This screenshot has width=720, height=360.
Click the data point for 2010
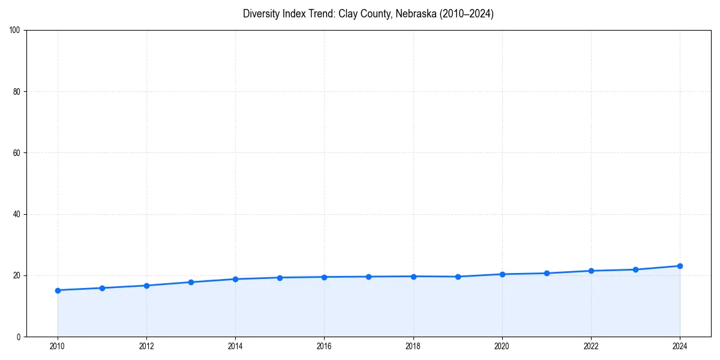58,290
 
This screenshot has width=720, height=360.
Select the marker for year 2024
680,266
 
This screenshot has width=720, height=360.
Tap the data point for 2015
280,278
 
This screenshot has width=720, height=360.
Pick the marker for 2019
458,277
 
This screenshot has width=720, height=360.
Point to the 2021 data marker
547,273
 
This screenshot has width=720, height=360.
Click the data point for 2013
191,282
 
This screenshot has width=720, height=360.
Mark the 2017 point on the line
368,277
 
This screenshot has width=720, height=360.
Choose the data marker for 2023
635,269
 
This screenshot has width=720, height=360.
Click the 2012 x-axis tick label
146,346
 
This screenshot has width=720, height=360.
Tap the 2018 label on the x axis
413,346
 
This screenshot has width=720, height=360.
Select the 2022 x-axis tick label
591,346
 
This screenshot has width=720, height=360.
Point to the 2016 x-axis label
324,346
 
